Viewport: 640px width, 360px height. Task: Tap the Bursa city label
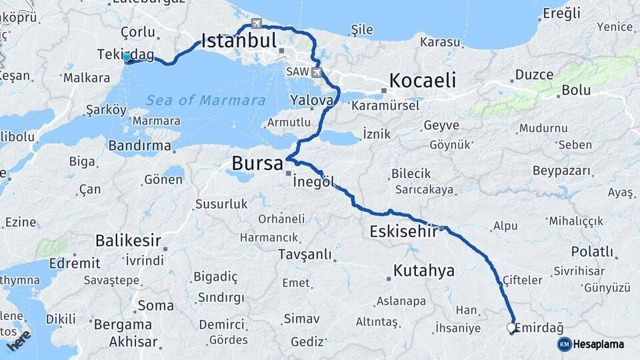257,163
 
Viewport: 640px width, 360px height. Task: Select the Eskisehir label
403,232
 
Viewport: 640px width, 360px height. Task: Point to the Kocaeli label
423,81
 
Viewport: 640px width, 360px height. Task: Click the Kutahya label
424,271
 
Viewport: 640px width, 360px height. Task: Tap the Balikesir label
129,240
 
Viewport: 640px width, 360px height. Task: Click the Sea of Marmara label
206,101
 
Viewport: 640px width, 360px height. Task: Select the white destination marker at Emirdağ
511,328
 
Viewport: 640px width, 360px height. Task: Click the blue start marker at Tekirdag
127,58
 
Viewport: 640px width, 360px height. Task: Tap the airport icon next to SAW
316,72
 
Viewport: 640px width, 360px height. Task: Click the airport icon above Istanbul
256,24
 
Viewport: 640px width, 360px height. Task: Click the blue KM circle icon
565,344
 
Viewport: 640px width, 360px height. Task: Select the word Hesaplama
599,345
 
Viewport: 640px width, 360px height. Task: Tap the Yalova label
311,100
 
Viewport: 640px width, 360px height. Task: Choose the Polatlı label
592,251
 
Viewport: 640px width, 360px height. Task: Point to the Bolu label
576,89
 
